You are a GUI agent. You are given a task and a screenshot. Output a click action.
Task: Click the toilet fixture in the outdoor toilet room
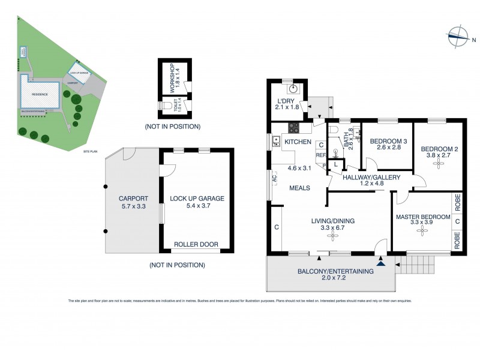166,107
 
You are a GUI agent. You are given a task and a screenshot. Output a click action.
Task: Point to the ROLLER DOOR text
195,245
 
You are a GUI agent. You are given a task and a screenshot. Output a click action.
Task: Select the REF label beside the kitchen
321,154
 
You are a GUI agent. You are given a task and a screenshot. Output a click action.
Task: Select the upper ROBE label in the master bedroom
457,204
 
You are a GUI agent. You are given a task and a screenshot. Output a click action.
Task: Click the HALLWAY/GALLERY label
368,178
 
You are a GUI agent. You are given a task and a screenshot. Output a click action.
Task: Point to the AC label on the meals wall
274,179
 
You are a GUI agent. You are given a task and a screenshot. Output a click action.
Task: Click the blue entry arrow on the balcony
381,262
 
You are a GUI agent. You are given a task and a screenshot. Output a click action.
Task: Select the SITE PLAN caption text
91,151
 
